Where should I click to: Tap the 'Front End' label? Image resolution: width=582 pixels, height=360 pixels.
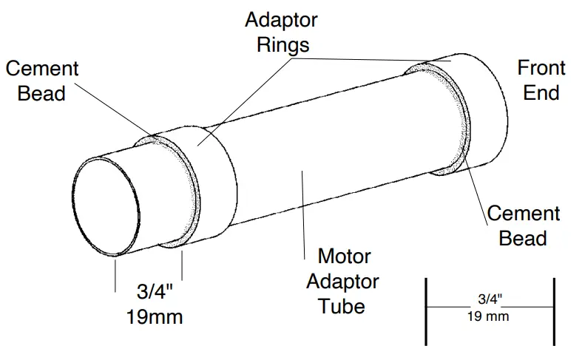pos(541,80)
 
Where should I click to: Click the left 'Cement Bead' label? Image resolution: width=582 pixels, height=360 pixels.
pos(42,81)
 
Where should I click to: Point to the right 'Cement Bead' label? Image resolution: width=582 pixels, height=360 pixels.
pos(523,225)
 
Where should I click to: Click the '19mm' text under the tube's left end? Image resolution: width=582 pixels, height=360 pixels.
pos(155,317)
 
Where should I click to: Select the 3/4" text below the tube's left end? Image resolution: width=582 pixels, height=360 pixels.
pos(155,293)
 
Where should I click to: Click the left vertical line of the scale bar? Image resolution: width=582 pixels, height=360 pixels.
pos(426,311)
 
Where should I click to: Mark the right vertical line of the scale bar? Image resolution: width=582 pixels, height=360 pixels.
pos(553,311)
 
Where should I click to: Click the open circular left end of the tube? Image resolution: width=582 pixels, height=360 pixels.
pos(106,207)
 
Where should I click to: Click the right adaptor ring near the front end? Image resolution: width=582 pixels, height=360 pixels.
pos(481,111)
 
